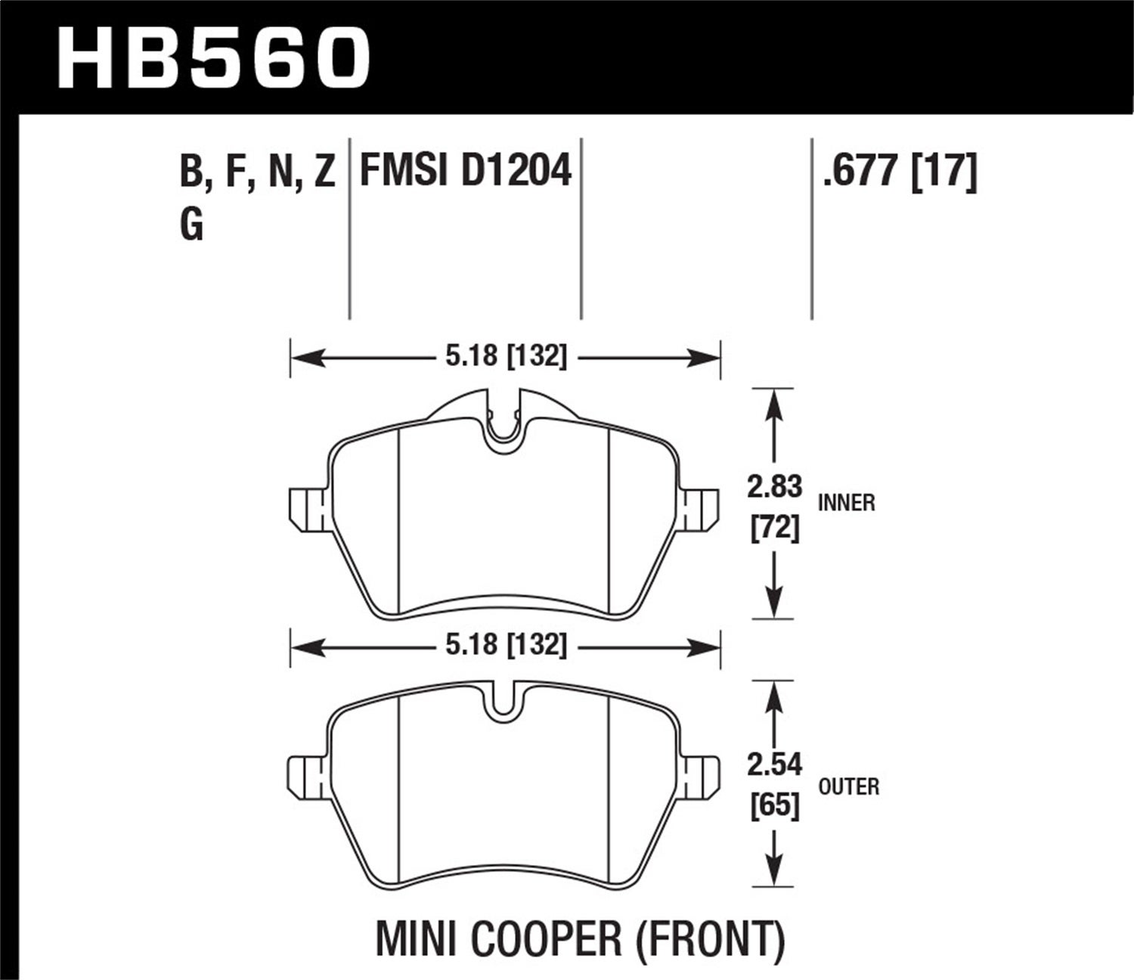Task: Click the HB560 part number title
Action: tap(213, 57)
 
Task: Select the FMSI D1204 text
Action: tap(465, 170)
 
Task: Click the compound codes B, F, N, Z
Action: tap(257, 172)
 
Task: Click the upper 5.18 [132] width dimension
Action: tap(505, 356)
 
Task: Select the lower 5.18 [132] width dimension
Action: tap(505, 645)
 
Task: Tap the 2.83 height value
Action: tap(773, 487)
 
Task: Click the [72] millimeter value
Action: tap(774, 527)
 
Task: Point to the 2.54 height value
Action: tap(773, 764)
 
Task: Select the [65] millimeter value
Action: tap(774, 805)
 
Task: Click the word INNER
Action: tap(846, 503)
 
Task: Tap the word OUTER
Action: tap(848, 787)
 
